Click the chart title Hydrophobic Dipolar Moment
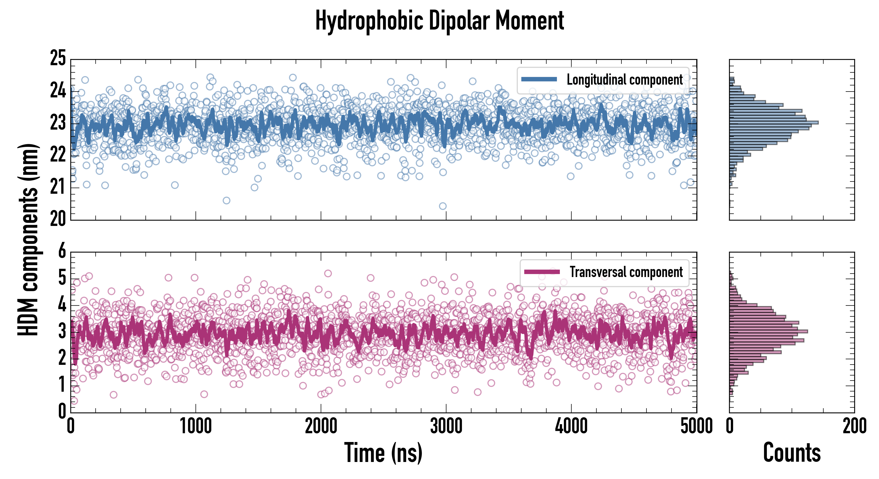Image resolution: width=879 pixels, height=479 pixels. [x=439, y=21]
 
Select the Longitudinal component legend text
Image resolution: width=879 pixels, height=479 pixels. [x=624, y=80]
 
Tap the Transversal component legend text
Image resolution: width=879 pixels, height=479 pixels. [x=626, y=272]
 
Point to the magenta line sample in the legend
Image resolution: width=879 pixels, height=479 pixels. [x=542, y=272]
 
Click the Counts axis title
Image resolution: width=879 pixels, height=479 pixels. [x=792, y=453]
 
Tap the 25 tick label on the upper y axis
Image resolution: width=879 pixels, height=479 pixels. [x=58, y=58]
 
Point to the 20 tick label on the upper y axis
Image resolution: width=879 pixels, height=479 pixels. [x=58, y=219]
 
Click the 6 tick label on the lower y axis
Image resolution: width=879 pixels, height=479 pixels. [x=62, y=251]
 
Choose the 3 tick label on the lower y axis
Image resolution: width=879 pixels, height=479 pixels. [x=62, y=331]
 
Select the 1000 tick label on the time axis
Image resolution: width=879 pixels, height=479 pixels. [x=196, y=426]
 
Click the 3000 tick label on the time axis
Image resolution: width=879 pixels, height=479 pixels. [x=446, y=426]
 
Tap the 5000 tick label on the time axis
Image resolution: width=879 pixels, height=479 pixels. [x=696, y=426]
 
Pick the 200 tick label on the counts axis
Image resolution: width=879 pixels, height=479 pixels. [x=854, y=426]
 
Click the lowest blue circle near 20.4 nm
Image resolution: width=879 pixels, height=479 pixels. [x=443, y=206]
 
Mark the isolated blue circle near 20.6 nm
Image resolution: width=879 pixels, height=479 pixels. [x=226, y=200]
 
